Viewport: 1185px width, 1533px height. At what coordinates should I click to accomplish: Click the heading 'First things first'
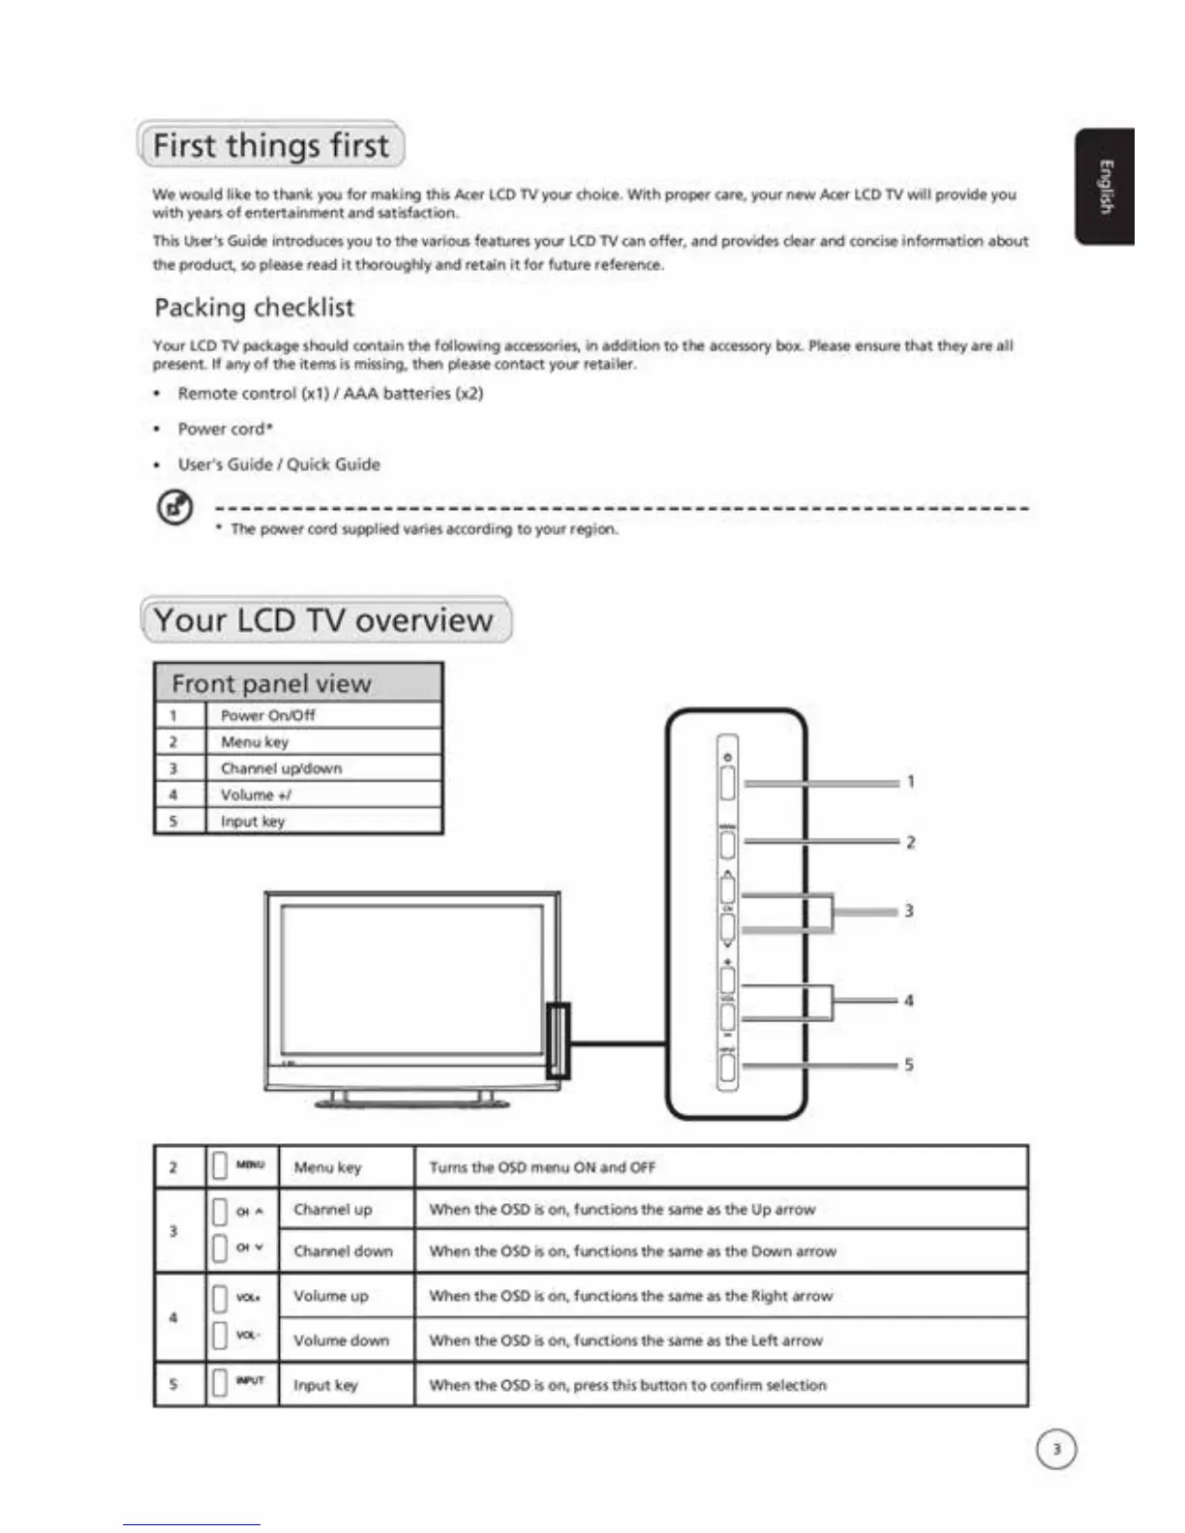[271, 145]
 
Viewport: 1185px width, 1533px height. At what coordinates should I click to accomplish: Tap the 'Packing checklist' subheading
[255, 308]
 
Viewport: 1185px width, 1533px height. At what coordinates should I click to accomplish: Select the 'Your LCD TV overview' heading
[323, 620]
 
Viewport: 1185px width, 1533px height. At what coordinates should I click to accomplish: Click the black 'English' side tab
[1105, 186]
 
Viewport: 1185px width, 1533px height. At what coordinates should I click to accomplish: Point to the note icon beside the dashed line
[174, 507]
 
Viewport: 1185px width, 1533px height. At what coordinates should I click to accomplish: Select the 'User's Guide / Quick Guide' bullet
[279, 465]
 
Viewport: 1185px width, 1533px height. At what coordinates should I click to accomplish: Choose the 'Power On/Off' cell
[268, 715]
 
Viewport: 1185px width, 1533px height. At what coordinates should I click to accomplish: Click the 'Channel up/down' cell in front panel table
[281, 768]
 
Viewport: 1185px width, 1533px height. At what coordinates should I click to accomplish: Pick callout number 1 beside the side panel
[910, 782]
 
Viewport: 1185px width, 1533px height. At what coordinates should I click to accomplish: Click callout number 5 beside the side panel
[909, 1065]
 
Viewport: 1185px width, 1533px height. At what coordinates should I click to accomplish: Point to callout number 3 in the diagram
[909, 911]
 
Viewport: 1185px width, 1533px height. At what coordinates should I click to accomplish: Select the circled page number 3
[1056, 1449]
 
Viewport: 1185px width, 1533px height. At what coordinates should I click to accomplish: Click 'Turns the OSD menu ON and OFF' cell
[542, 1167]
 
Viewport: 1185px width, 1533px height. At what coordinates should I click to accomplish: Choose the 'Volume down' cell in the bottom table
[341, 1340]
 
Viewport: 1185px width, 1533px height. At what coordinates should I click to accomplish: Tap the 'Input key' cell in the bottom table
[325, 1385]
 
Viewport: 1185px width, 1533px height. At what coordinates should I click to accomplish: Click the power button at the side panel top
[728, 782]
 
